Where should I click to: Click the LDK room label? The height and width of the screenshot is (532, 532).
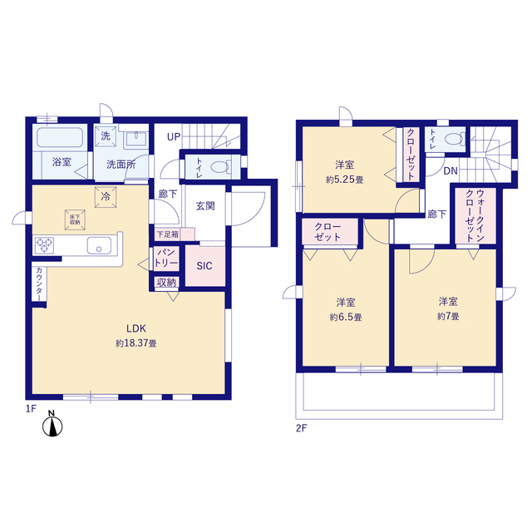click(x=136, y=328)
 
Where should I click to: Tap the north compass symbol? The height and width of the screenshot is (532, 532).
click(x=52, y=424)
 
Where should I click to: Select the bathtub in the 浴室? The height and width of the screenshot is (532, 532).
click(x=60, y=137)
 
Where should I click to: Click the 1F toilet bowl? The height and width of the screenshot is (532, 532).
click(x=219, y=167)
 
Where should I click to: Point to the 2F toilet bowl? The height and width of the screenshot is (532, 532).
click(x=454, y=139)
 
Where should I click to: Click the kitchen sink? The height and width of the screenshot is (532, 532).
click(x=99, y=245)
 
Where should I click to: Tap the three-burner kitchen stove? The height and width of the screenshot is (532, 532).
click(x=44, y=246)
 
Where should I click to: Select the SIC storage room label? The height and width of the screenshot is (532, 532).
click(x=204, y=266)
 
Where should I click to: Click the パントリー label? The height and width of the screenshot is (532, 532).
click(x=166, y=258)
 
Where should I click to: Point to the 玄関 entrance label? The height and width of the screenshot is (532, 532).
click(x=205, y=206)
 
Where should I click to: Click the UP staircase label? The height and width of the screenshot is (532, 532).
click(x=174, y=137)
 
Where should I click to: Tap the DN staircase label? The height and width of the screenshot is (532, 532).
click(x=451, y=171)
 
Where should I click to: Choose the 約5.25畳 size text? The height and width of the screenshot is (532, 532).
click(x=345, y=180)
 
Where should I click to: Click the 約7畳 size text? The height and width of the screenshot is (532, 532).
click(x=448, y=317)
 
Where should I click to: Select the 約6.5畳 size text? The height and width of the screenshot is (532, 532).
click(x=346, y=318)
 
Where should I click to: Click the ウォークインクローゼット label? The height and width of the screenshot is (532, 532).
click(x=475, y=216)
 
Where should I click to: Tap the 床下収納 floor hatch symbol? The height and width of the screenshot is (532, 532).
click(x=75, y=219)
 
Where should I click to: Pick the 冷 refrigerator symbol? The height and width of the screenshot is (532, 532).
click(x=106, y=197)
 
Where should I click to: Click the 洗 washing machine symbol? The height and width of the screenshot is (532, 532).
click(x=106, y=136)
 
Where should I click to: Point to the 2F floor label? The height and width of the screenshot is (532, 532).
click(x=301, y=428)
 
